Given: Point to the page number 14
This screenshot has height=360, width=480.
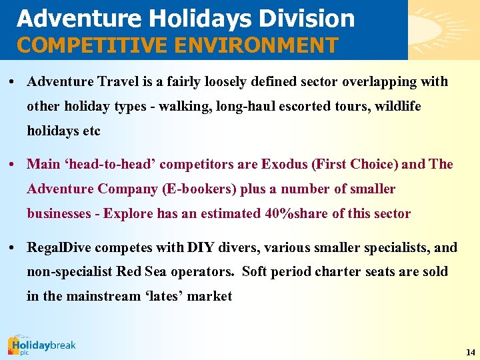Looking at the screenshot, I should (471, 352).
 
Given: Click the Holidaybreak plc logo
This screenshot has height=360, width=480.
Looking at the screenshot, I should (41, 346).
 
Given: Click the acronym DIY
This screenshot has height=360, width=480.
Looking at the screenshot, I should (201, 247).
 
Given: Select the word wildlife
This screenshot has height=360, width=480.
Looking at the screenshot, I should (398, 107).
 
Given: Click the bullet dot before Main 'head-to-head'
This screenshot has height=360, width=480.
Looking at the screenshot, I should (13, 164).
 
